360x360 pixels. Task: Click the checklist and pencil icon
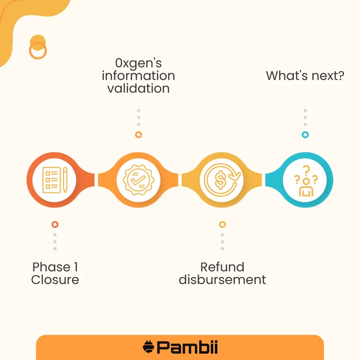coord(55,180)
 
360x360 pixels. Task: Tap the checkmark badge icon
coord(138,180)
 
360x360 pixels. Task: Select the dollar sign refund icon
coord(222,180)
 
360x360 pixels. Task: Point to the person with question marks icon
coord(306,181)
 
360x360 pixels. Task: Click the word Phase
coord(51,267)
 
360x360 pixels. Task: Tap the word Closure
coord(55,280)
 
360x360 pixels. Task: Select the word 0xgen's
coord(139,63)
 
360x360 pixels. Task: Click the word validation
coord(139,88)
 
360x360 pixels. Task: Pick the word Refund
coord(222,267)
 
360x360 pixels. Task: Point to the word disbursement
coord(222,280)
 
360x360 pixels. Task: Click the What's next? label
coord(305,76)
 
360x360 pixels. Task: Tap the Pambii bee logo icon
coord(148,347)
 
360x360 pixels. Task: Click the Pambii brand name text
coord(187,347)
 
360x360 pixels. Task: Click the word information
coord(139,76)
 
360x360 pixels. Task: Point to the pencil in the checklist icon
coord(65,180)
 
